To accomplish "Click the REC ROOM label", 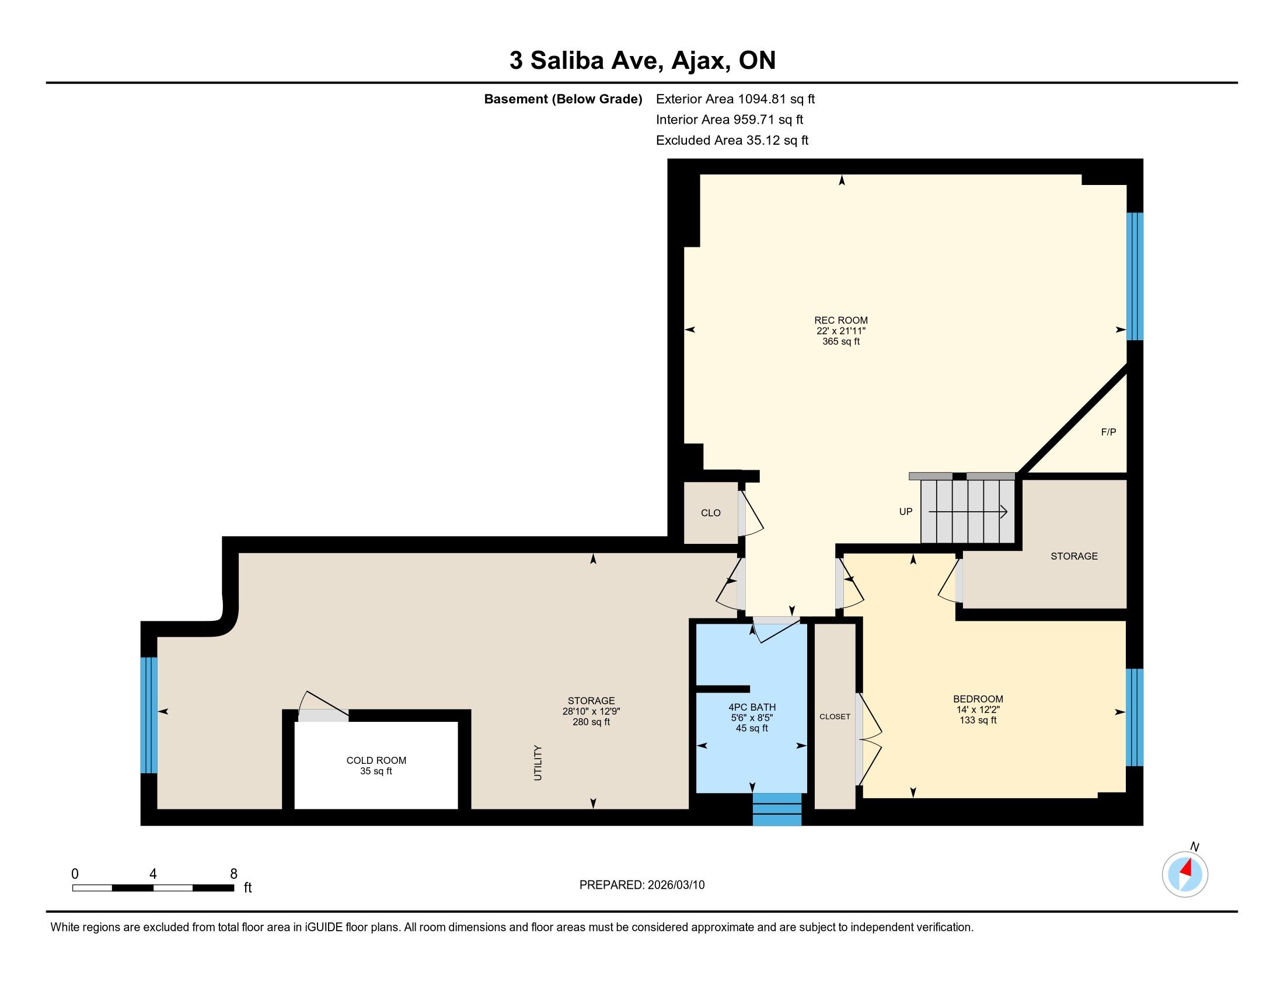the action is [x=840, y=320].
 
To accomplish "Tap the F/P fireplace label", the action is [x=1108, y=432].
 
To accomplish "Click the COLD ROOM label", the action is [x=376, y=760].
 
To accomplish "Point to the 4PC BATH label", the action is [x=752, y=708].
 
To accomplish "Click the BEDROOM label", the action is [x=978, y=699].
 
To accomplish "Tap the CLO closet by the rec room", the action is [x=711, y=513].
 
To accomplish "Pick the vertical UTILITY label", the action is [x=538, y=763].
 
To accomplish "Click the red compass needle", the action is [x=1187, y=868].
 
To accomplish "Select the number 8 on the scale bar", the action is [x=233, y=874].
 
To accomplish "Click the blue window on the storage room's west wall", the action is [x=149, y=715].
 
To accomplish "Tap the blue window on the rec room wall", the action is [x=1135, y=276].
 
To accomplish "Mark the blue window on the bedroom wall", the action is [x=1135, y=718].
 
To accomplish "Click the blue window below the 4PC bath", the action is [x=777, y=810].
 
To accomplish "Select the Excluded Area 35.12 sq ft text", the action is [x=732, y=141].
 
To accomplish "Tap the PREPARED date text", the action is [x=642, y=885].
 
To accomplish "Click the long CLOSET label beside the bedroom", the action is [x=835, y=717].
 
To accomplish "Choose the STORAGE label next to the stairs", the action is [x=1074, y=556].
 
